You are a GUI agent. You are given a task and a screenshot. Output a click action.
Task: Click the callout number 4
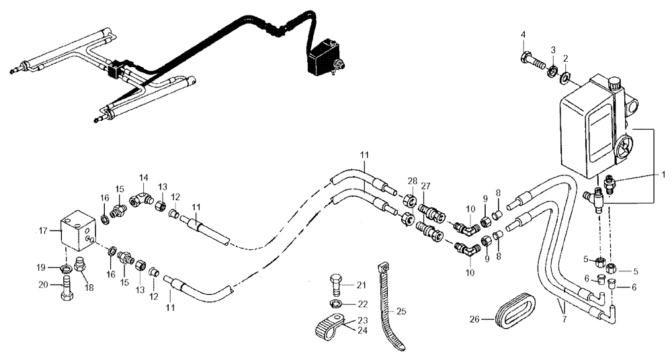coord(523,34)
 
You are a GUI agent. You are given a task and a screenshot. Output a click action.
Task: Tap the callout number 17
coord(44,230)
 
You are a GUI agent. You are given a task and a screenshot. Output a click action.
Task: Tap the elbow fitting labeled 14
coord(141,199)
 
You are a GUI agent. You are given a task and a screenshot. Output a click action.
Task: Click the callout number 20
coord(42,284)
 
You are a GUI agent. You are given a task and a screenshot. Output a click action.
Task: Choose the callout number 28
coord(412,181)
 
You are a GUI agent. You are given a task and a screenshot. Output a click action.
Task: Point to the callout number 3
coord(552,50)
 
